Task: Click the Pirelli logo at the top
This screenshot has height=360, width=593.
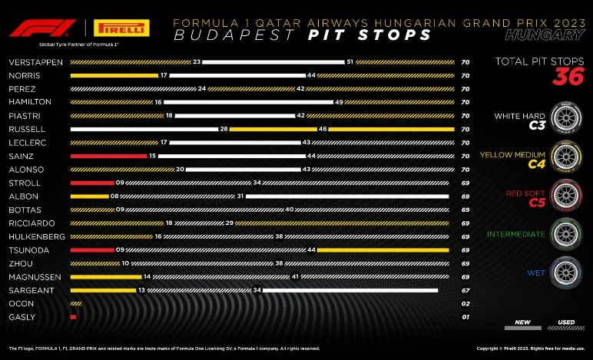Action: point(121,29)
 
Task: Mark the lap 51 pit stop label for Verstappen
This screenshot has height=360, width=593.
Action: point(350,61)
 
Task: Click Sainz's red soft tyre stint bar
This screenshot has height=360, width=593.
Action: point(108,155)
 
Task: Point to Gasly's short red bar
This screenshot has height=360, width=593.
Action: point(73,316)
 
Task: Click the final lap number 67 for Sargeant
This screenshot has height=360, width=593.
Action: point(465,289)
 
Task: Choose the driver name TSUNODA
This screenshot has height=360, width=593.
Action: point(25,249)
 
